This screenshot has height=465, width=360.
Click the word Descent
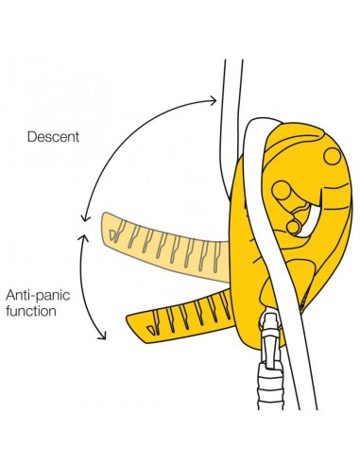tap(54, 136)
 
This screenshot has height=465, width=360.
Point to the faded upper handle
tap(161, 249)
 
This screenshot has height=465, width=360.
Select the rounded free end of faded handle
tap(103, 228)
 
